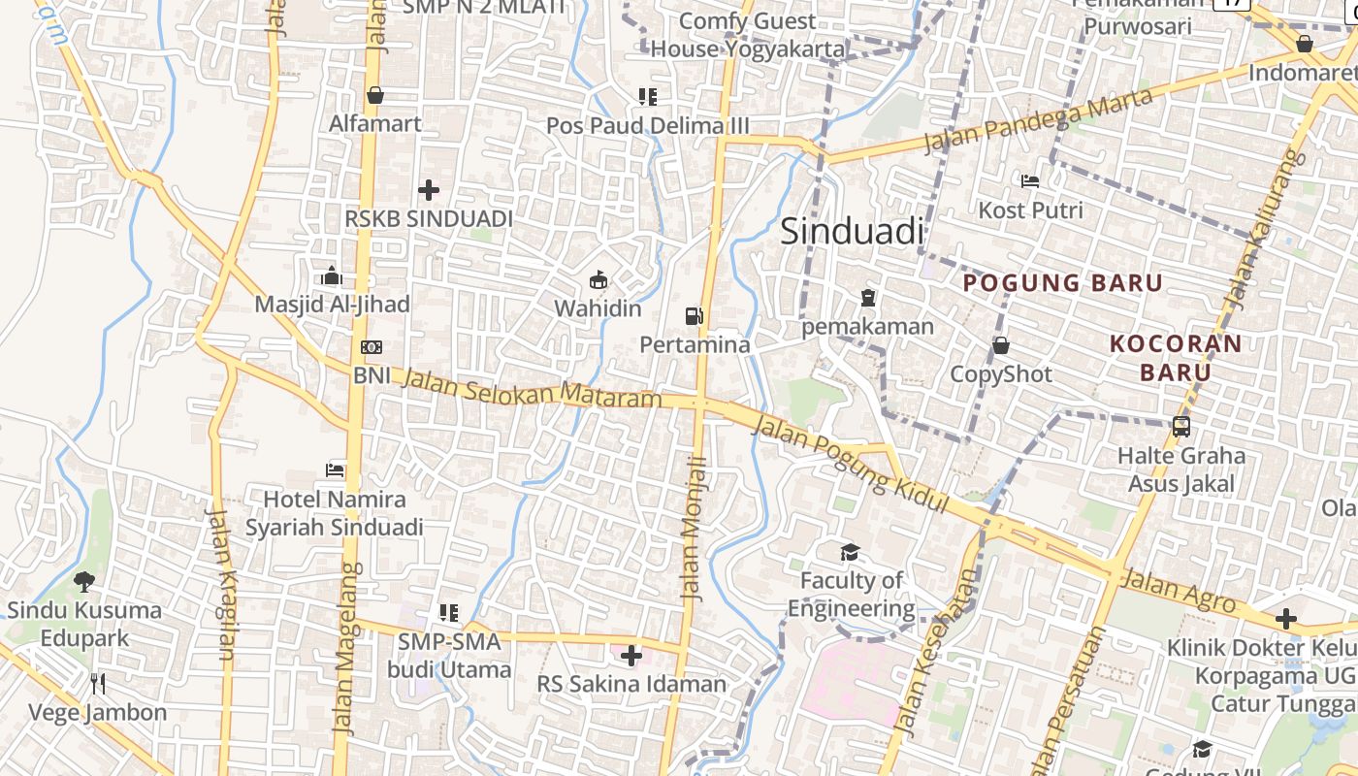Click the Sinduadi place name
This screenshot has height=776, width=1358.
[x=852, y=232]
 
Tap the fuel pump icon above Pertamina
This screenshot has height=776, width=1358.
[x=694, y=315]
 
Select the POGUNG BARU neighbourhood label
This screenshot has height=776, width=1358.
[x=1062, y=283]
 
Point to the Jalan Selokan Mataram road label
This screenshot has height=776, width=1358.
[x=532, y=388]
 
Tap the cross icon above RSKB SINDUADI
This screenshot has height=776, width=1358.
[x=429, y=190]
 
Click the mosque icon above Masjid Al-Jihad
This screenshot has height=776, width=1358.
[x=332, y=275]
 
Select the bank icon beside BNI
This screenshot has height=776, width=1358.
[x=371, y=347]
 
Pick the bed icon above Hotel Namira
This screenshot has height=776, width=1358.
[x=335, y=470]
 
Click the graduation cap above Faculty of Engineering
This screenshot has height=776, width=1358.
[x=851, y=552]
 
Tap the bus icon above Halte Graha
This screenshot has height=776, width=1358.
[x=1180, y=426]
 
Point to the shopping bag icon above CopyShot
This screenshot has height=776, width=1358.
[x=1000, y=345]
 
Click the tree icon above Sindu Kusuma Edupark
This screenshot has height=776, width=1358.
[x=84, y=582]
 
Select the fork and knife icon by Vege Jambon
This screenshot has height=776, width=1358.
[x=98, y=684]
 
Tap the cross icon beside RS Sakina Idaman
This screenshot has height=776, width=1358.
[x=631, y=656]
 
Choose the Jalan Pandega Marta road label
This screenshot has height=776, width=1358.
[x=1038, y=121]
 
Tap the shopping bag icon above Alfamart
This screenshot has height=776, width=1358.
[x=375, y=95]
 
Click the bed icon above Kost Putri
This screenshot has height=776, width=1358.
[x=1030, y=181]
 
